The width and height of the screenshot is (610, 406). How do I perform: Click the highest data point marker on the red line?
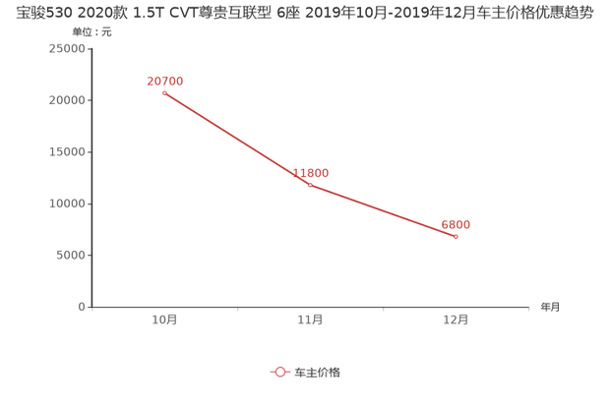(x=164, y=93)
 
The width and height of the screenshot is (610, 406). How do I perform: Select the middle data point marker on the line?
(x=310, y=184)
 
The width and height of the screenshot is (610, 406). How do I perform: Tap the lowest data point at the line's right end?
(x=456, y=236)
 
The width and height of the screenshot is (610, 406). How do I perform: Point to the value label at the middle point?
(x=311, y=171)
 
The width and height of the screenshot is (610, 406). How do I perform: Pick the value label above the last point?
(x=456, y=224)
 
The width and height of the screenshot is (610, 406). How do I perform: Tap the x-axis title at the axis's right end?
(x=548, y=307)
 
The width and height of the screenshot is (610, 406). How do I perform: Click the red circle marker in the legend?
(x=279, y=372)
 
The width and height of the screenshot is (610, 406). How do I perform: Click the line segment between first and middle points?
(x=237, y=139)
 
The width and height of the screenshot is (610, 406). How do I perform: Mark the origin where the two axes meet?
(x=91, y=307)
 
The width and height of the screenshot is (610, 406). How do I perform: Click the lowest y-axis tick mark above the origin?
(x=91, y=256)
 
